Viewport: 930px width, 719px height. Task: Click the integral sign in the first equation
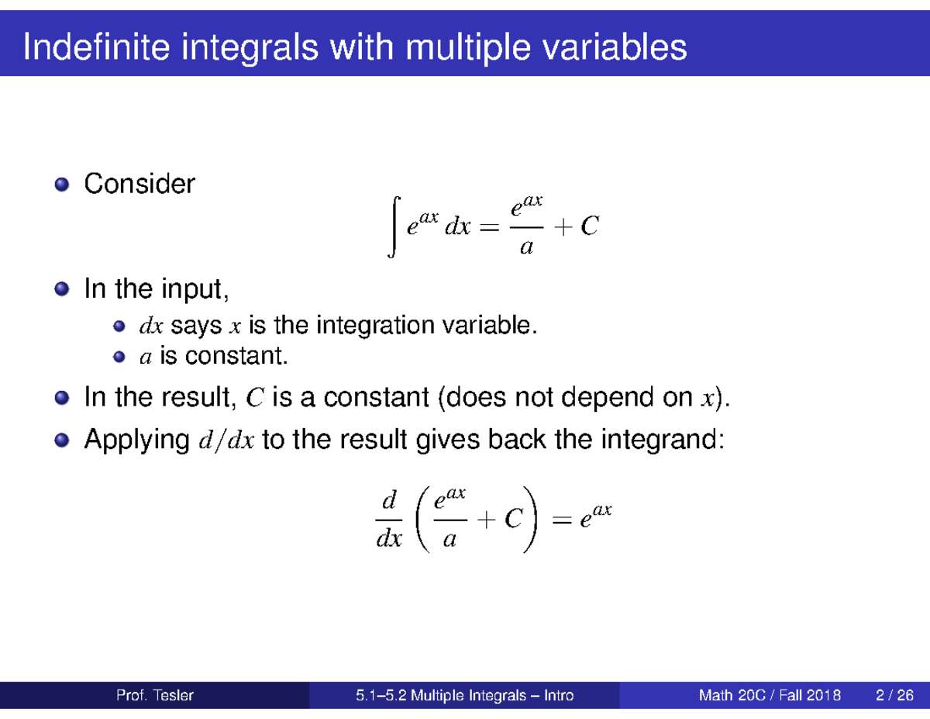click(x=396, y=226)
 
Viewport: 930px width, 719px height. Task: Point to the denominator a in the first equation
click(x=526, y=248)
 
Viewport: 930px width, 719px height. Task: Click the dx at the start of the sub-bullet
click(x=151, y=327)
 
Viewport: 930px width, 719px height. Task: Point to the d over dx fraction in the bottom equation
click(x=388, y=518)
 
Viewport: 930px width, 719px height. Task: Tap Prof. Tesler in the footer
click(x=154, y=696)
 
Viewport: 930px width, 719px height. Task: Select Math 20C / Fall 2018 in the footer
click(x=769, y=696)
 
